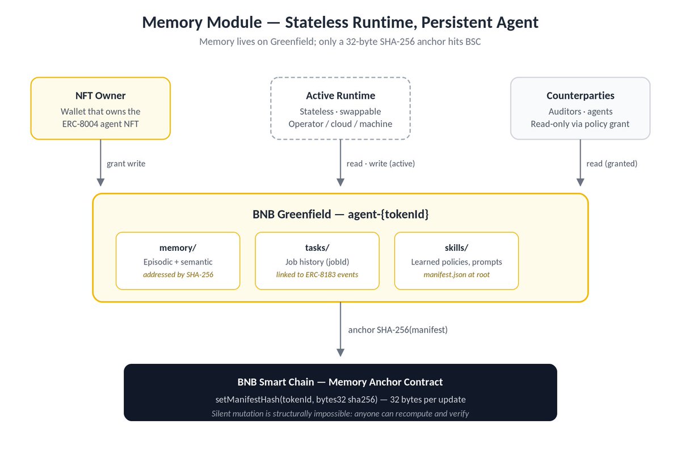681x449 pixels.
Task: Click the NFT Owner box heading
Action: click(x=100, y=96)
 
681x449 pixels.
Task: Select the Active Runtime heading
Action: click(x=340, y=96)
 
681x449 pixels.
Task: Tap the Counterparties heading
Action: click(x=581, y=96)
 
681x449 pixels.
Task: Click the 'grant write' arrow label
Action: click(x=126, y=163)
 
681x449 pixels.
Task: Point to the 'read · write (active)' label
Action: click(x=381, y=163)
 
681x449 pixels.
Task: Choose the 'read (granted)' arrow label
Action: click(x=612, y=163)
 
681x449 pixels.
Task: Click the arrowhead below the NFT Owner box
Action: click(x=100, y=182)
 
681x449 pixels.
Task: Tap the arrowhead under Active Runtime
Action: click(x=340, y=182)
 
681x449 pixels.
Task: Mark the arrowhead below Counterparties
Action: click(x=581, y=182)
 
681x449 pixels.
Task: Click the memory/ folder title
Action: click(x=178, y=247)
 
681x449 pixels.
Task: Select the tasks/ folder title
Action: click(x=317, y=247)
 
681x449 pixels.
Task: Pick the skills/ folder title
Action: click(x=456, y=247)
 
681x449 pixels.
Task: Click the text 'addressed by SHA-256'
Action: click(x=178, y=275)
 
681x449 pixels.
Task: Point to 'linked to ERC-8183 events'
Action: click(x=317, y=275)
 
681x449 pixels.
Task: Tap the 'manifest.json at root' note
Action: click(x=457, y=275)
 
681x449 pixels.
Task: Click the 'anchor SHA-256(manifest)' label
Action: click(x=398, y=330)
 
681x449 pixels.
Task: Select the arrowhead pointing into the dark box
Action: click(x=340, y=353)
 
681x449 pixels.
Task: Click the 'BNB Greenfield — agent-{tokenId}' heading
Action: click(x=340, y=215)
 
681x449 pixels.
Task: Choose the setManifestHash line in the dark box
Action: click(x=340, y=400)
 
